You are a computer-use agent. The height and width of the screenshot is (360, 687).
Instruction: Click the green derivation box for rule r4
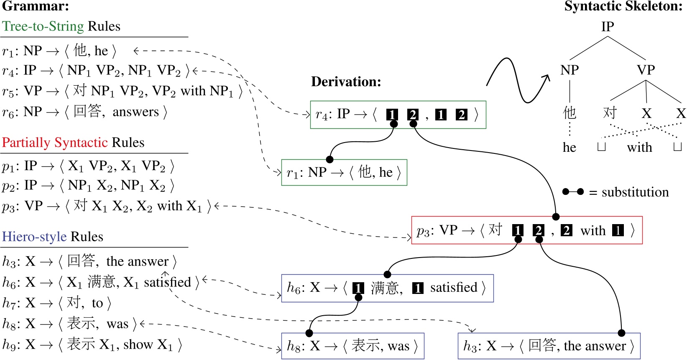tap(398, 115)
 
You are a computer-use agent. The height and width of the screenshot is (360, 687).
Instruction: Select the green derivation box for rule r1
tap(344, 172)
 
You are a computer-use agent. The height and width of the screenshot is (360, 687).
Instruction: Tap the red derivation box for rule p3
tap(526, 230)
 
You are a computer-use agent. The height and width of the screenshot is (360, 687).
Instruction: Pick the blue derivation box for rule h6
tap(387, 288)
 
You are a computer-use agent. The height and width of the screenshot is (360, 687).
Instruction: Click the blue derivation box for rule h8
tap(352, 346)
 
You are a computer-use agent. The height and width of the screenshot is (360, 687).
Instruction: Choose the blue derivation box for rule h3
tap(549, 346)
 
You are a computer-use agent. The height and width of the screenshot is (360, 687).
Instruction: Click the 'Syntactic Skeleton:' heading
tap(623, 6)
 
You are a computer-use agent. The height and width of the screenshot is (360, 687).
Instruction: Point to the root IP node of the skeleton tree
tap(607, 27)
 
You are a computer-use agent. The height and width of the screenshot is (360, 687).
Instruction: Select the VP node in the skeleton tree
tap(646, 70)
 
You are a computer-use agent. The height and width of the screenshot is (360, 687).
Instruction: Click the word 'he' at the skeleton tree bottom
tap(569, 148)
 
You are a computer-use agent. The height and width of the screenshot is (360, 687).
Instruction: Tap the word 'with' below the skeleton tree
tap(639, 148)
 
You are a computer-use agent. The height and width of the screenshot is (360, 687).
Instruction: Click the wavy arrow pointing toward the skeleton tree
tap(518, 80)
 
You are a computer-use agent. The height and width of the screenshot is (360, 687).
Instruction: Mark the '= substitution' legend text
tap(629, 192)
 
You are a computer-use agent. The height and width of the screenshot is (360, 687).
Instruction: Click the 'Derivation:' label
tap(346, 82)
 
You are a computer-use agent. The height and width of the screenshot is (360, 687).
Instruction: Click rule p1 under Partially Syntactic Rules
tap(88, 166)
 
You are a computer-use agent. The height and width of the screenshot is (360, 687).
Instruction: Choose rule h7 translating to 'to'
tap(56, 303)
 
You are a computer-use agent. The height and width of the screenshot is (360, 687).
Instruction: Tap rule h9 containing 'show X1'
tap(92, 345)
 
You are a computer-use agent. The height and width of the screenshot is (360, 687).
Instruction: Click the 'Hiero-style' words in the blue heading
tap(35, 237)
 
